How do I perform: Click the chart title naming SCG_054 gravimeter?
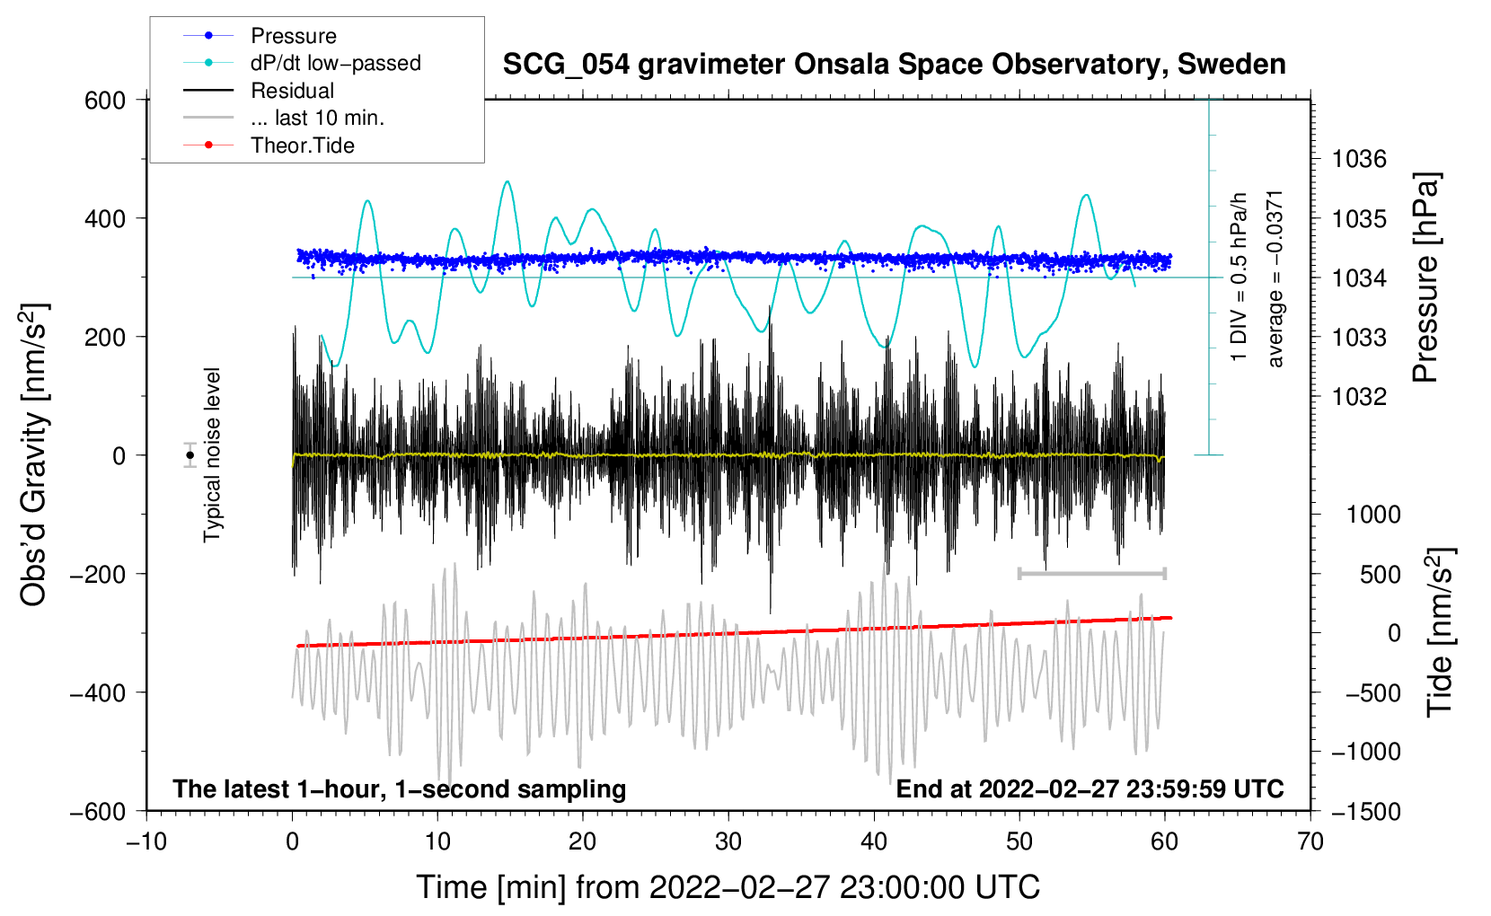[x=894, y=65]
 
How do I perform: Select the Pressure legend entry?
[x=260, y=35]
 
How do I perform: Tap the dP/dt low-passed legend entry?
[x=302, y=63]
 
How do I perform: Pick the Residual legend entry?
[x=259, y=90]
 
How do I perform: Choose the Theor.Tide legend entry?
[x=269, y=145]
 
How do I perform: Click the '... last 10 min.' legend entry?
[x=284, y=118]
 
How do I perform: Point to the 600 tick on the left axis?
[x=104, y=101]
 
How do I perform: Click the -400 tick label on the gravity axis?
[x=98, y=693]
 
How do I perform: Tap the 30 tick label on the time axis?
[x=728, y=842]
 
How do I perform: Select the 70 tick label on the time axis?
[x=1310, y=842]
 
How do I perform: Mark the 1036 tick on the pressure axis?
[x=1359, y=159]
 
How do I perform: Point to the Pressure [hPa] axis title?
[x=1425, y=277]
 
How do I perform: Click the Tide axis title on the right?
[x=1439, y=632]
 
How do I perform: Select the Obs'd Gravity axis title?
[x=33, y=454]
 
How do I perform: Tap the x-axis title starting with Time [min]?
[x=728, y=887]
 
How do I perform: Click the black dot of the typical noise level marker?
[x=190, y=455]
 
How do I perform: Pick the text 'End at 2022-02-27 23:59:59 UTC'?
[x=1090, y=788]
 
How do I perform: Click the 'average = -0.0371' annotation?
[x=1275, y=279]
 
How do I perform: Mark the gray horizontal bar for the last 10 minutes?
[x=1091, y=573]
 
